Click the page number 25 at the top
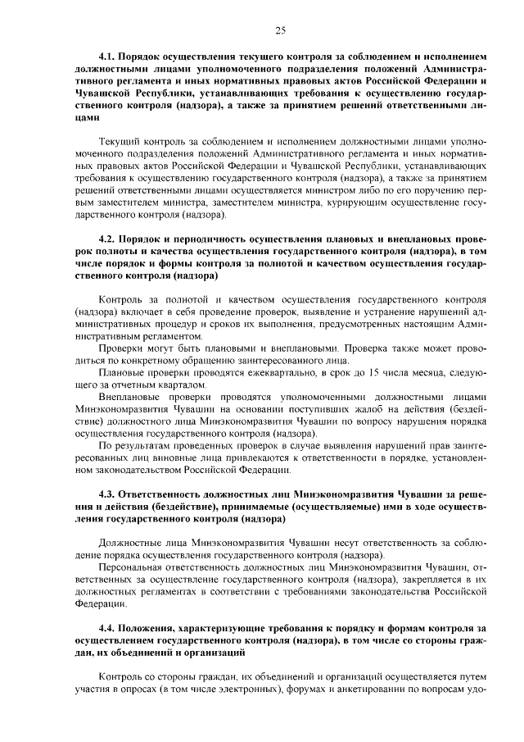(279, 30)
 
